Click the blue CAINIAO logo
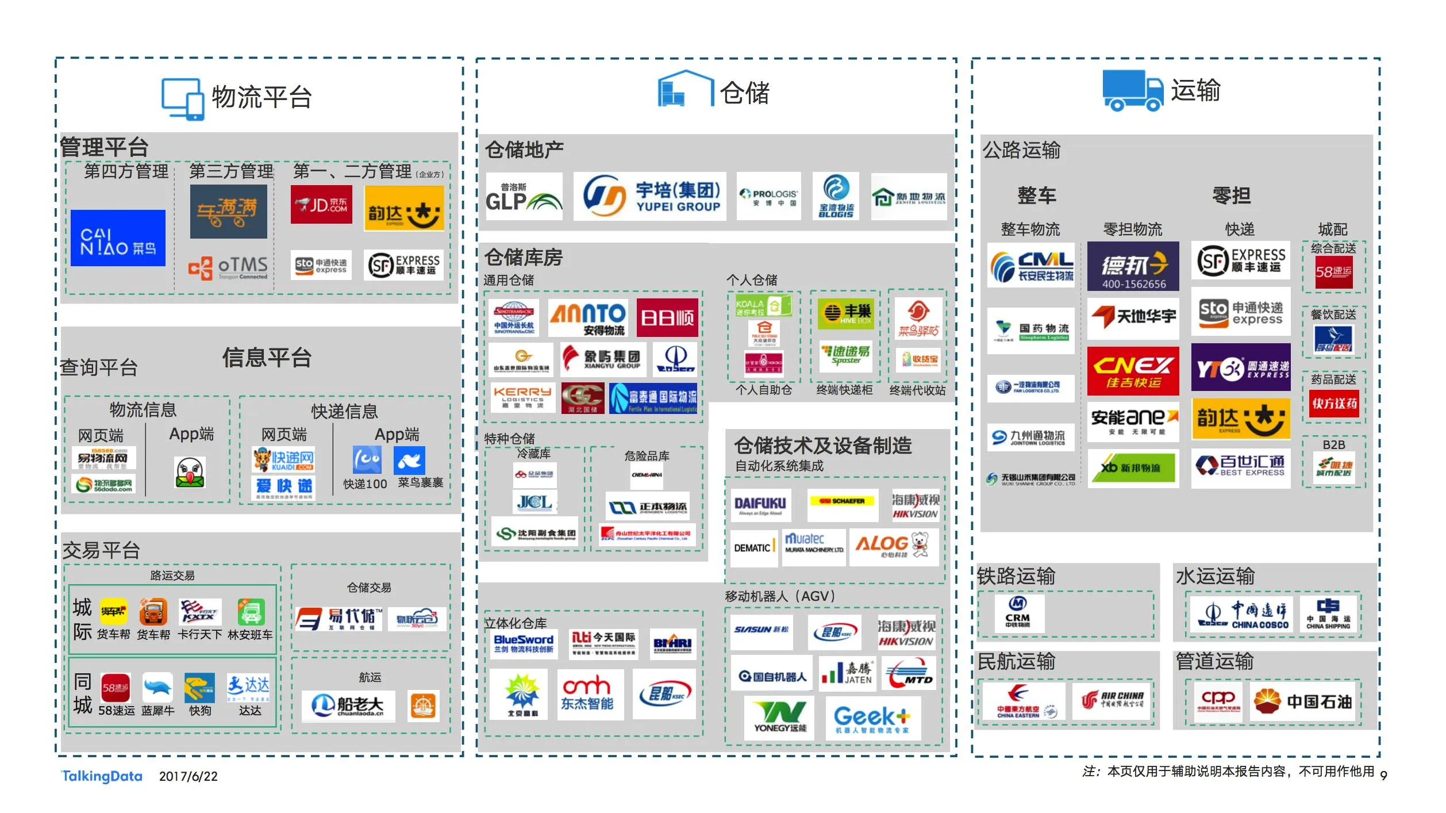pos(118,238)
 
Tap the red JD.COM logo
pos(321,204)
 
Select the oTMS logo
pos(228,267)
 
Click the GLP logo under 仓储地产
pos(524,196)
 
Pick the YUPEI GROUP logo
pos(649,196)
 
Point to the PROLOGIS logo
pos(768,196)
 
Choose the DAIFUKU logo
pos(761,505)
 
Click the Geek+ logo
pos(872,718)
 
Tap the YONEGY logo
pos(779,718)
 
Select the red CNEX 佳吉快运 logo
pos(1133,371)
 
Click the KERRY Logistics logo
pos(522,397)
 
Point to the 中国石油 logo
pos(1302,701)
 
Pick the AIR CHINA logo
pos(1111,701)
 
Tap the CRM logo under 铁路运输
pos(1018,613)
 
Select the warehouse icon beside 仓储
pos(685,89)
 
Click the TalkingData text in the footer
pos(102,776)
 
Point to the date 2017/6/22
pos(189,777)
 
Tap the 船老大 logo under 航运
pos(348,705)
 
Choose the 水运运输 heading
pos(1215,576)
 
